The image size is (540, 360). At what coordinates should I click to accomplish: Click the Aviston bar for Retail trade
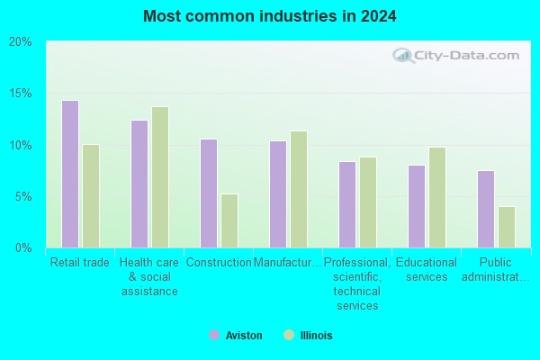pos(70,174)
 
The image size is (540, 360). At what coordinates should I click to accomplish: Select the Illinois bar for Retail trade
pos(91,196)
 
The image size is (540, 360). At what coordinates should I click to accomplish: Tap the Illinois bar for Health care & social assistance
pos(160,177)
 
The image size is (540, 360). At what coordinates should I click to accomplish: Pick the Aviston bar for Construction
pos(209,193)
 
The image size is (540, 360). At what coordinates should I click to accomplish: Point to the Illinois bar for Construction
pos(229,220)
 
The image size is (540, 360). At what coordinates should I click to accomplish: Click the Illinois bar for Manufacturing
pos(299,189)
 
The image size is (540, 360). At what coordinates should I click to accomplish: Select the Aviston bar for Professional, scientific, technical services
pos(347,204)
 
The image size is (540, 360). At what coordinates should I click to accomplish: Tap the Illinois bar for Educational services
pos(437,197)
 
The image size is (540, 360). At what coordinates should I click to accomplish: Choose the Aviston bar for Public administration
pos(486,209)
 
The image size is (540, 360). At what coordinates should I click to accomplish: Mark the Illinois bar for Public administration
pos(507,227)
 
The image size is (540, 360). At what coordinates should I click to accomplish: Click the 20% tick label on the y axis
pos(21,42)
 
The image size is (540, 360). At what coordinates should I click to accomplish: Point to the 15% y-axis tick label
pos(21,93)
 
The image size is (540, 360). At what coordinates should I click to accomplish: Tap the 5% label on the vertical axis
pos(23,197)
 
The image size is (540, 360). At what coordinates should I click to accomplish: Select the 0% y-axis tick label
pos(23,247)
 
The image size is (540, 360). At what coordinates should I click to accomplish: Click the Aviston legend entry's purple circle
pos(214,335)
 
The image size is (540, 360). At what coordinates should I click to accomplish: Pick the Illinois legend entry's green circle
pos(289,335)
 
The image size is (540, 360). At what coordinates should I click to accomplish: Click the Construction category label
pos(219,263)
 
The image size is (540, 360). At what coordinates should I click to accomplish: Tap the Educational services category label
pos(427,269)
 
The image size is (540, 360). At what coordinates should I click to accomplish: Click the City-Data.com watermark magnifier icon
pos(403,56)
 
